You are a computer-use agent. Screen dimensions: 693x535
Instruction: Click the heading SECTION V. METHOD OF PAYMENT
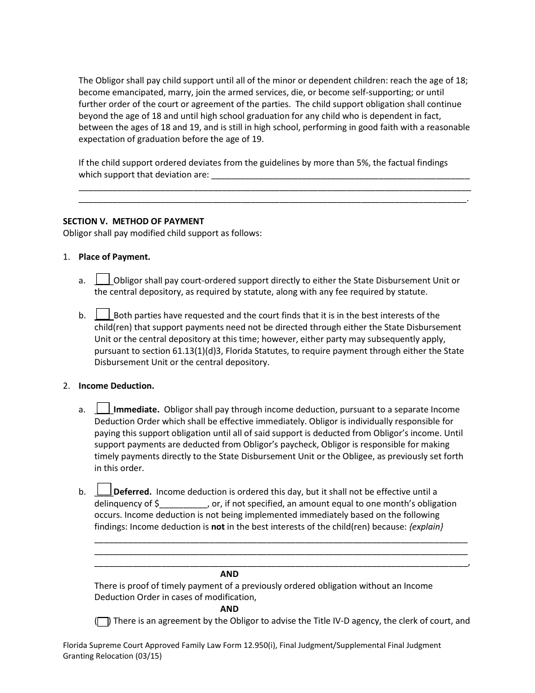pyautogui.click(x=133, y=221)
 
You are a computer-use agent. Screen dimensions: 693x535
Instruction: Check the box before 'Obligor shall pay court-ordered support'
pyautogui.click(x=103, y=279)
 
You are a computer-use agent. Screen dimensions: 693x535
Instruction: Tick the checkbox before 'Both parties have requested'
pyautogui.click(x=103, y=314)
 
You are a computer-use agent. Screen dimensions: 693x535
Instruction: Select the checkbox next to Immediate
pyautogui.click(x=103, y=408)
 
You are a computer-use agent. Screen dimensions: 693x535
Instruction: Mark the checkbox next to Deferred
pyautogui.click(x=104, y=489)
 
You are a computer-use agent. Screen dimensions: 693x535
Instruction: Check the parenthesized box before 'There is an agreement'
pyautogui.click(x=102, y=622)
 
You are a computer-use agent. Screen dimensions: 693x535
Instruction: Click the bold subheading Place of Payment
pyautogui.click(x=114, y=257)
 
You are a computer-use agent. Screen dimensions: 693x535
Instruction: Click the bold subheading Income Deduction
pyautogui.click(x=116, y=386)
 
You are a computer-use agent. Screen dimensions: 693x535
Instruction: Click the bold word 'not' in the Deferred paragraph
pyautogui.click(x=217, y=527)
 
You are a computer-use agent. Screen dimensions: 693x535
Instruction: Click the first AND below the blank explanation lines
pyautogui.click(x=229, y=574)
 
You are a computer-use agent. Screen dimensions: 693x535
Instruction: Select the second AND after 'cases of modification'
pyautogui.click(x=229, y=609)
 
